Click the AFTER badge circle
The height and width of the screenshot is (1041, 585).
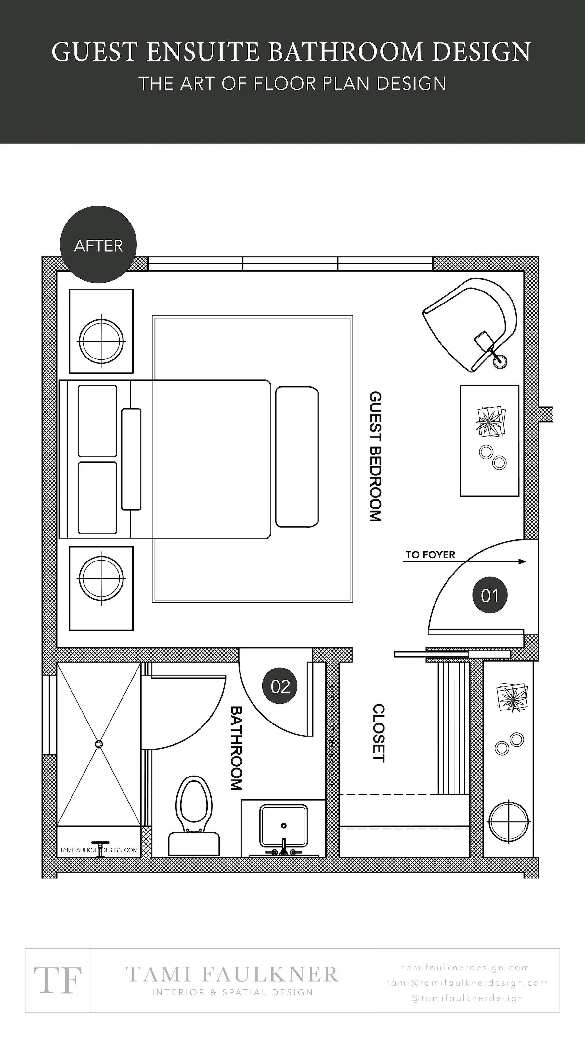point(98,245)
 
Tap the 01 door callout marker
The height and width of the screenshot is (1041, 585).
point(489,595)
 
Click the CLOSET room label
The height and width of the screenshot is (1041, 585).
point(378,733)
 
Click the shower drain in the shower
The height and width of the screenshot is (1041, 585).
point(99,744)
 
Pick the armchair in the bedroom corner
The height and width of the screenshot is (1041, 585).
point(472,323)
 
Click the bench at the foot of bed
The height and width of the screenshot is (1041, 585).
point(297,457)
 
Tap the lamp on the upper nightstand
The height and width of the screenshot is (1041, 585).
point(101,342)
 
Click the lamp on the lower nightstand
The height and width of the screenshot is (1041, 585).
point(101,578)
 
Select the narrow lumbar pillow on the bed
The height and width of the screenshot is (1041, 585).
point(131,459)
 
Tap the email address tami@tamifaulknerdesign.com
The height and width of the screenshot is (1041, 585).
point(467,983)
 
